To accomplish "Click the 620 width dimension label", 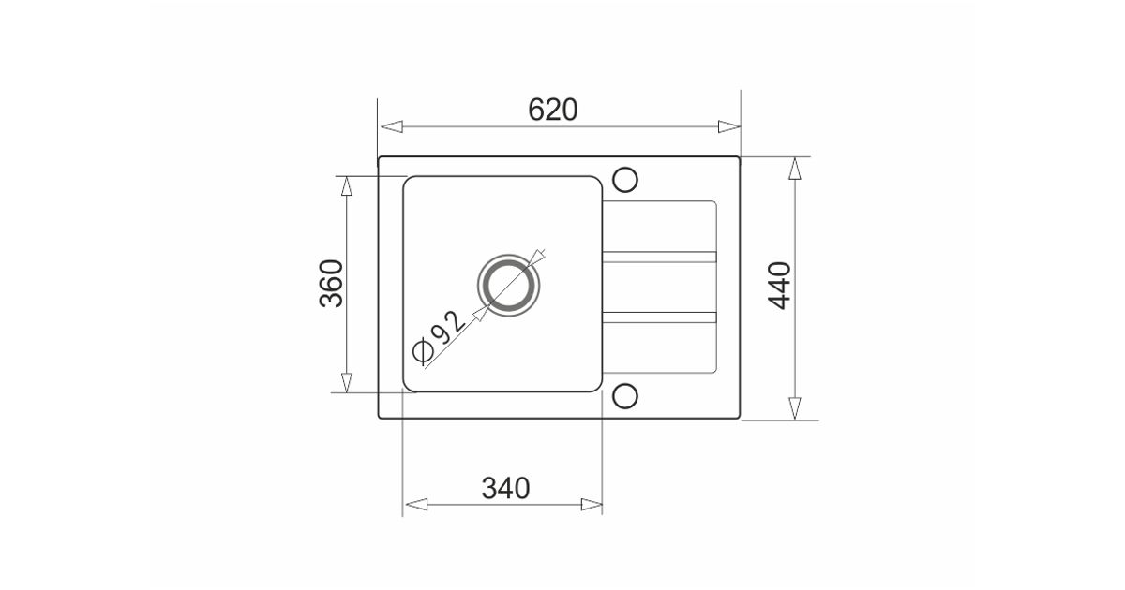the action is [x=553, y=110].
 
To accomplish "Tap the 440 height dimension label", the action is [x=779, y=286].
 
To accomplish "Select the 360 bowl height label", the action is [x=332, y=284].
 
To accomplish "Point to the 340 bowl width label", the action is [x=505, y=488].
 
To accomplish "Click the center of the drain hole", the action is [x=508, y=285].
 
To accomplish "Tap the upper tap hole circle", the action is [x=625, y=180].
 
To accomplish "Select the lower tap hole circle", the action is [x=625, y=396].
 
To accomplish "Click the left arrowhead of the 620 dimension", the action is [x=391, y=126].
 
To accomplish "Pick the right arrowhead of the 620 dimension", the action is [x=729, y=126].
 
